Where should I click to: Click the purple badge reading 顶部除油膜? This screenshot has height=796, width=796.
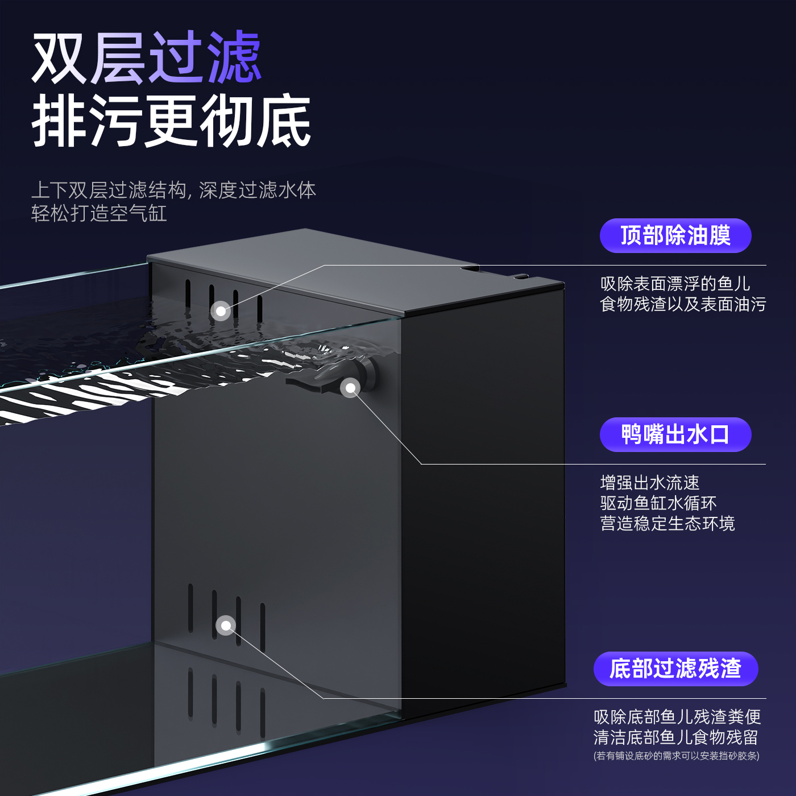(675, 235)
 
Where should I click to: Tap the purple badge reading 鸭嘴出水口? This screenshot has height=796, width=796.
(675, 434)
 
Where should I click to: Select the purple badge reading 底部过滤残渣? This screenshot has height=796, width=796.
(675, 669)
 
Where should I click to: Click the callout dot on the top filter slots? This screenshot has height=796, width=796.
(221, 311)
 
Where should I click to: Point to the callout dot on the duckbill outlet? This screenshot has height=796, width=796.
(350, 388)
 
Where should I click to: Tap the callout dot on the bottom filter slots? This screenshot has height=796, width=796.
(226, 625)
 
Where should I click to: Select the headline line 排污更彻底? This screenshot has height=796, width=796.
(171, 121)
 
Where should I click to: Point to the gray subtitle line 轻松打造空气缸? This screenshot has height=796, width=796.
(99, 214)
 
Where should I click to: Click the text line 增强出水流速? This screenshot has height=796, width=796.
(650, 483)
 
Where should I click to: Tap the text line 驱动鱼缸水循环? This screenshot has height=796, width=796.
(658, 503)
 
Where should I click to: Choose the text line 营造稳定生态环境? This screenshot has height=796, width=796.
(668, 523)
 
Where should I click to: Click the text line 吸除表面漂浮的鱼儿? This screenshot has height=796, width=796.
(675, 284)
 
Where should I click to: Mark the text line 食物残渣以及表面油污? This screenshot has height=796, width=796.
(683, 304)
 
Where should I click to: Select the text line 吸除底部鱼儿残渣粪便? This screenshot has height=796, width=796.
(677, 717)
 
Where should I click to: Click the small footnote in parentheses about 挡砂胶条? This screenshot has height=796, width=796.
(676, 756)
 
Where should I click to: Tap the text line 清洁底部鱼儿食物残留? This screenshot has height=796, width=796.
(675, 737)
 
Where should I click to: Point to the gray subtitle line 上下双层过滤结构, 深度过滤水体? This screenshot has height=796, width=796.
(173, 190)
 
